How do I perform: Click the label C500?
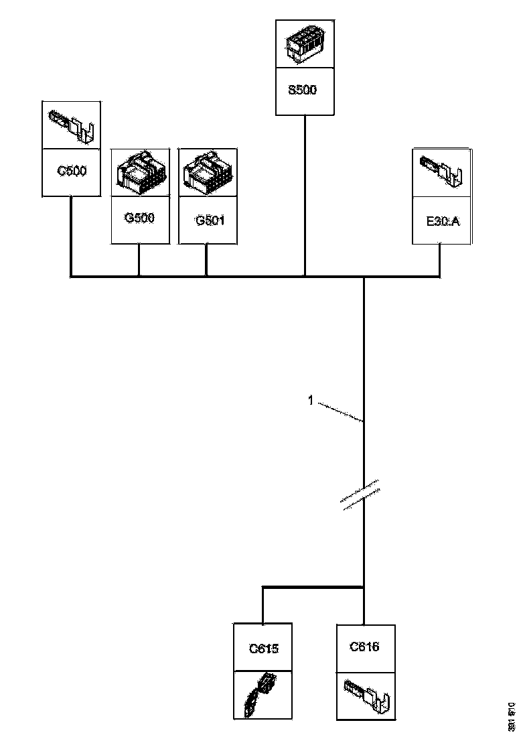[x=72, y=170]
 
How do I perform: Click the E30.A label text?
[x=443, y=219]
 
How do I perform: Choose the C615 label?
[x=263, y=648]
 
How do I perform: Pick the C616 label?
[x=364, y=647]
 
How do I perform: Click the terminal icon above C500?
[x=72, y=125]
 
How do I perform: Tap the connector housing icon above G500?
[x=139, y=172]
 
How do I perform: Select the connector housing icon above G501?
[x=208, y=172]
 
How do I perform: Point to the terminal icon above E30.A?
[x=443, y=172]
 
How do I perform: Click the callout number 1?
[x=311, y=401]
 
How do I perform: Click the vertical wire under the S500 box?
[x=305, y=194]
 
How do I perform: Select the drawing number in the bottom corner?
[x=512, y=716]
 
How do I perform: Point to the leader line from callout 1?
[x=340, y=411]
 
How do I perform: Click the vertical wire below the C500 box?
[x=71, y=234]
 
